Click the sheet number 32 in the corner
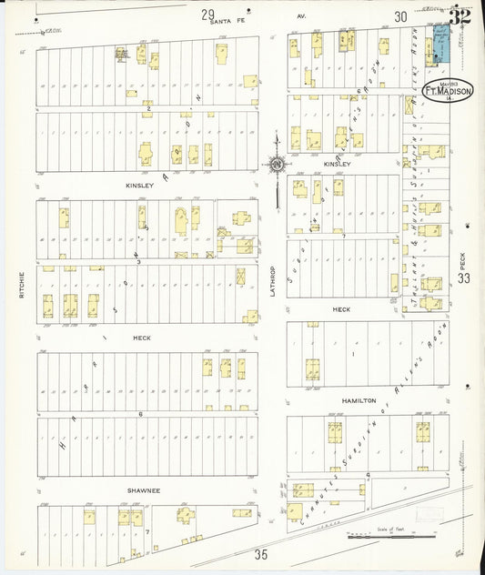click(x=460, y=15)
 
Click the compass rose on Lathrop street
click(x=276, y=164)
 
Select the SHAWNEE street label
click(x=143, y=490)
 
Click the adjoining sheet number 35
click(x=261, y=554)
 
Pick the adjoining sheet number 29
click(x=208, y=14)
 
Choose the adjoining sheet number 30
click(x=400, y=15)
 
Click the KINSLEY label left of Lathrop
click(x=140, y=185)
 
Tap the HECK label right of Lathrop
click(x=341, y=309)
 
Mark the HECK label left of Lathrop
click(x=141, y=338)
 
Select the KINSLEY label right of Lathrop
click(x=336, y=164)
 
